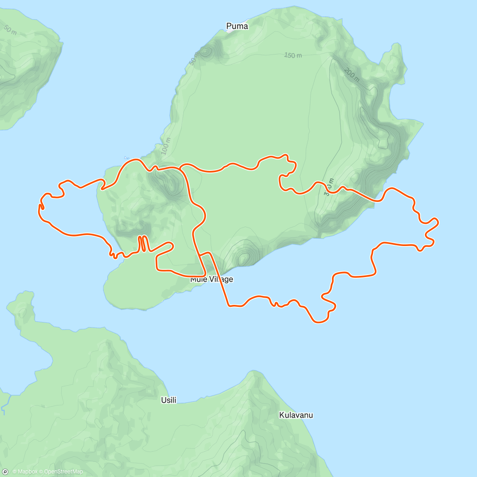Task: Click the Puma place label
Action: click(x=237, y=26)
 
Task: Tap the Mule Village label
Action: click(x=212, y=279)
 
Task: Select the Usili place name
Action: click(x=169, y=400)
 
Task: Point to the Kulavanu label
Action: click(x=296, y=415)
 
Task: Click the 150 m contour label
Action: click(x=293, y=55)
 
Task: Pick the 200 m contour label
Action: click(x=351, y=74)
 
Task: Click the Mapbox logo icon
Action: click(x=6, y=471)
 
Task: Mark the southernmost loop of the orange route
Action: click(x=320, y=320)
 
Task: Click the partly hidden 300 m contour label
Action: click(x=328, y=187)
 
